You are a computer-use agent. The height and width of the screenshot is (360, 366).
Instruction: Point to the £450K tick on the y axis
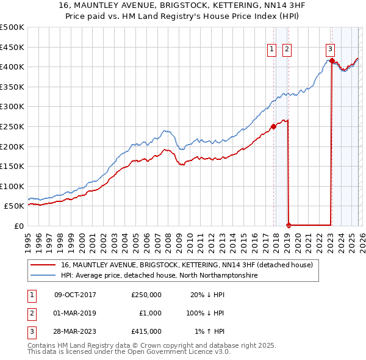pyautogui.click(x=12, y=47)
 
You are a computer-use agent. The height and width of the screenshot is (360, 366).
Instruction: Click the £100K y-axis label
pyautogui.click(x=12, y=186)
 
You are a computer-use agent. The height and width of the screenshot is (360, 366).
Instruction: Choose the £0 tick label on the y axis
pyautogui.click(x=19, y=226)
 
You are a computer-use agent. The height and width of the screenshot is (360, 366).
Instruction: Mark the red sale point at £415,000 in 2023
pyautogui.click(x=331, y=60)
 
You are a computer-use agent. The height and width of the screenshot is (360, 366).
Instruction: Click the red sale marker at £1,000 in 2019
pyautogui.click(x=289, y=225)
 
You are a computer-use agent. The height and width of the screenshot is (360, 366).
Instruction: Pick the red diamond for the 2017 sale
pyautogui.click(x=273, y=127)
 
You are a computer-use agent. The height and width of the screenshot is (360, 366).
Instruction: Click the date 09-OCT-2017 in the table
pyautogui.click(x=75, y=295)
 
